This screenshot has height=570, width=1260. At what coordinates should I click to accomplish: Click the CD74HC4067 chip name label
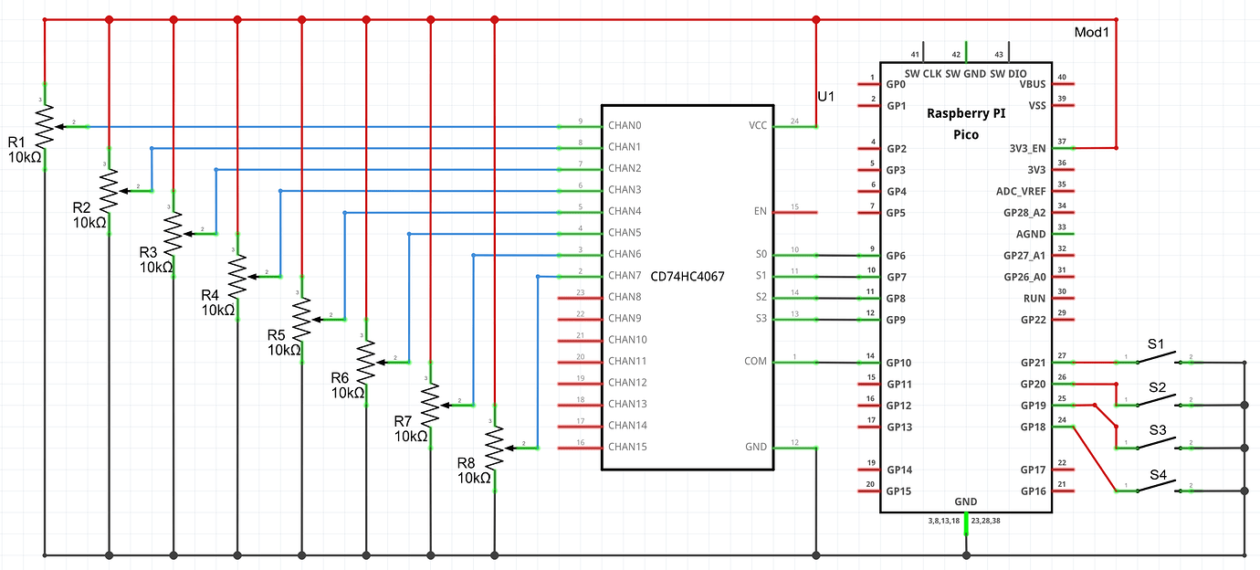tap(687, 276)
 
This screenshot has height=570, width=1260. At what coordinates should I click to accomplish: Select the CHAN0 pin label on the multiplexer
tap(625, 126)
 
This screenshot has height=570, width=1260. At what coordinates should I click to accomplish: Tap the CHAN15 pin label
tap(627, 447)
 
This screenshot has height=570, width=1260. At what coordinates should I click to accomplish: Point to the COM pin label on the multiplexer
tap(755, 362)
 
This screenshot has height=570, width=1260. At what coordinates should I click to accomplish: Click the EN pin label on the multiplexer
tap(760, 212)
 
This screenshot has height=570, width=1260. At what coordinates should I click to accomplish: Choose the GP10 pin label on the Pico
tap(898, 364)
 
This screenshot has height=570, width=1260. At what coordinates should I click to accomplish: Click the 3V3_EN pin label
tap(1027, 148)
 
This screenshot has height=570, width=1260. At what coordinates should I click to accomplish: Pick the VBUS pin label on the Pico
tap(1032, 83)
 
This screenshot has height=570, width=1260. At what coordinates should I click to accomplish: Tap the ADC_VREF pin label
tap(1021, 191)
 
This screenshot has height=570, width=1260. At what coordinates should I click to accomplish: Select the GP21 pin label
tap(1033, 363)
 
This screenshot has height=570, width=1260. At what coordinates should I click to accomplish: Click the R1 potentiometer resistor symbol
tap(44, 126)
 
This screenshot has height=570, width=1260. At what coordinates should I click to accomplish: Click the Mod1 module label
tap(1091, 33)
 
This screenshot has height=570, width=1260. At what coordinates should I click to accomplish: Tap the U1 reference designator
tap(825, 97)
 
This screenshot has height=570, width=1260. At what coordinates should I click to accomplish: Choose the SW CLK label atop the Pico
tap(923, 73)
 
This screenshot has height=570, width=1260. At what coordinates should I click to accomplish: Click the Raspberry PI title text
tap(965, 114)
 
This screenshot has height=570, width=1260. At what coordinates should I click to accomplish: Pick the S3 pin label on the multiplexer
tap(760, 319)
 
